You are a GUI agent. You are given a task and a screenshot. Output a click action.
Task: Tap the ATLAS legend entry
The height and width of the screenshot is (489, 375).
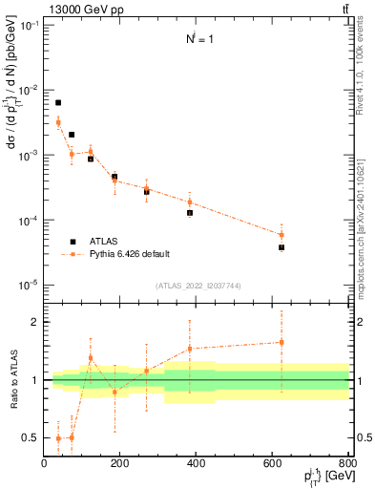coord(103,242)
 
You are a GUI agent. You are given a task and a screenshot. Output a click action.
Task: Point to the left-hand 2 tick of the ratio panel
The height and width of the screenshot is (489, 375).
coord(35,322)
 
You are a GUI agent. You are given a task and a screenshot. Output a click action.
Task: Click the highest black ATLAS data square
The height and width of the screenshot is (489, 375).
coord(58,102)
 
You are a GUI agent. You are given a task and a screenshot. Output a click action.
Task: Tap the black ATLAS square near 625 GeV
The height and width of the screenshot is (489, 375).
coord(281,247)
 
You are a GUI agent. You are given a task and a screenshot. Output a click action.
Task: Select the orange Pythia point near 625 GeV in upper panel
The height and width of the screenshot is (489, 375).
coord(281,235)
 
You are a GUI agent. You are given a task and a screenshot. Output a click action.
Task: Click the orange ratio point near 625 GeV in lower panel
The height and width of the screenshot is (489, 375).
coord(281,342)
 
